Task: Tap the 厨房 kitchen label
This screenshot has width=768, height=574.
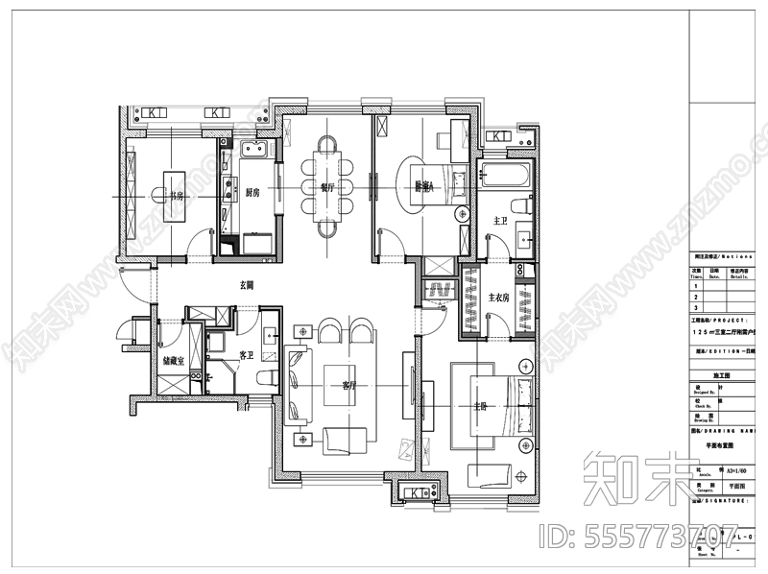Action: pos(254,191)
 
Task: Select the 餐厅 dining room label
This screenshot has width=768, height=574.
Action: pos(327,187)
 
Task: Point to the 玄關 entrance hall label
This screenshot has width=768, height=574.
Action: pos(247,285)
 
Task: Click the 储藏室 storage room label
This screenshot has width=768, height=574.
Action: pos(174,361)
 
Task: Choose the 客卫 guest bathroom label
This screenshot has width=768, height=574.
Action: pos(246,356)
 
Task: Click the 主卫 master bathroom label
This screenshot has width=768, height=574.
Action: pos(499,221)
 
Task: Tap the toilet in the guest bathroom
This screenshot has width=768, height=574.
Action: pos(268,374)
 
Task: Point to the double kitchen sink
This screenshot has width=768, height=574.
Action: pos(255,148)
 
